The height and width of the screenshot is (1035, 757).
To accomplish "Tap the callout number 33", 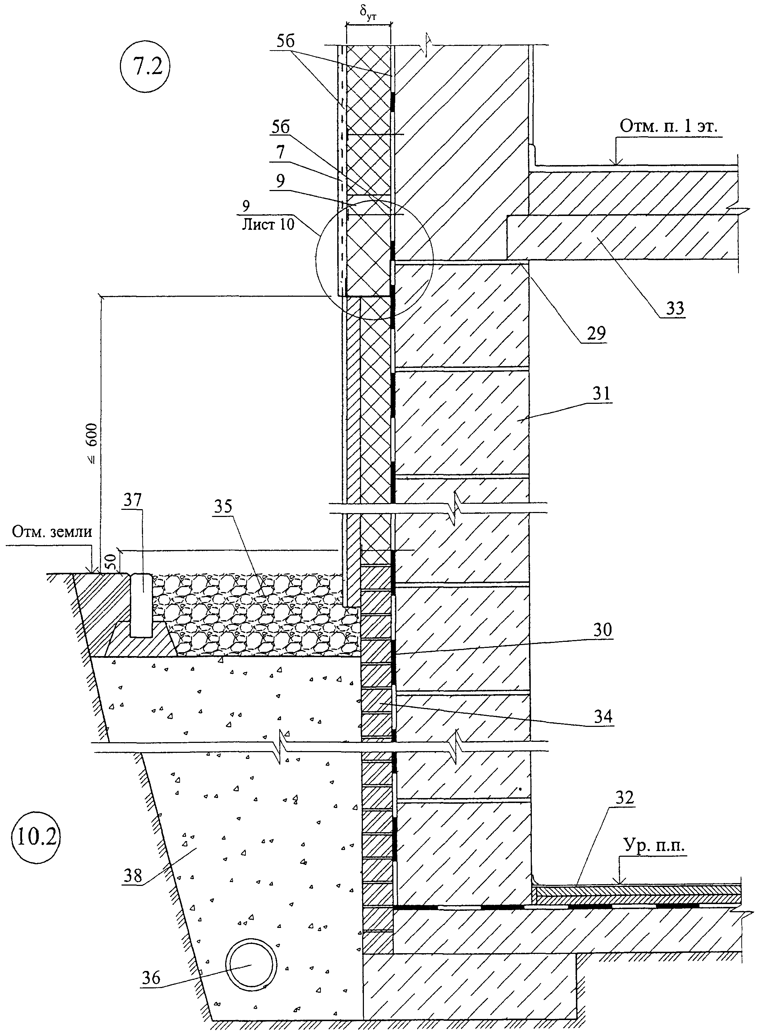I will (675, 308).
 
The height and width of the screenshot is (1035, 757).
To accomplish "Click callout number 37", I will (132, 501).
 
